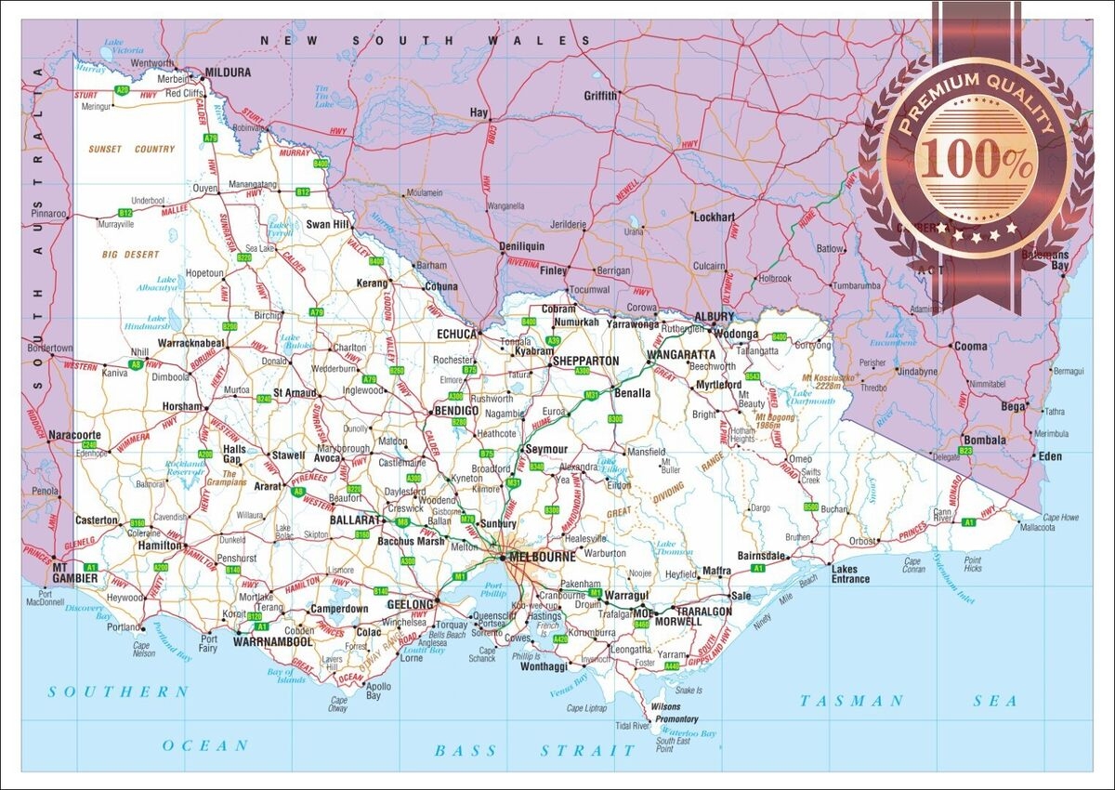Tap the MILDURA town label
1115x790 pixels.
tap(229, 72)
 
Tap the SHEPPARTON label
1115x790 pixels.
tap(585, 361)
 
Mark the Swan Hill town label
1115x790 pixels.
tap(328, 224)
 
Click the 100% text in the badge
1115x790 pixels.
tap(977, 160)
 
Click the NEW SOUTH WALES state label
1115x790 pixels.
tap(425, 40)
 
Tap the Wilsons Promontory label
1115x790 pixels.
tap(676, 713)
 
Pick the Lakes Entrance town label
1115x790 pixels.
tap(850, 573)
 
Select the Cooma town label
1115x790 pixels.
tap(972, 346)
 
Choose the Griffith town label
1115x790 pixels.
tap(600, 96)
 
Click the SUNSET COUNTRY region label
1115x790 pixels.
tap(131, 149)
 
